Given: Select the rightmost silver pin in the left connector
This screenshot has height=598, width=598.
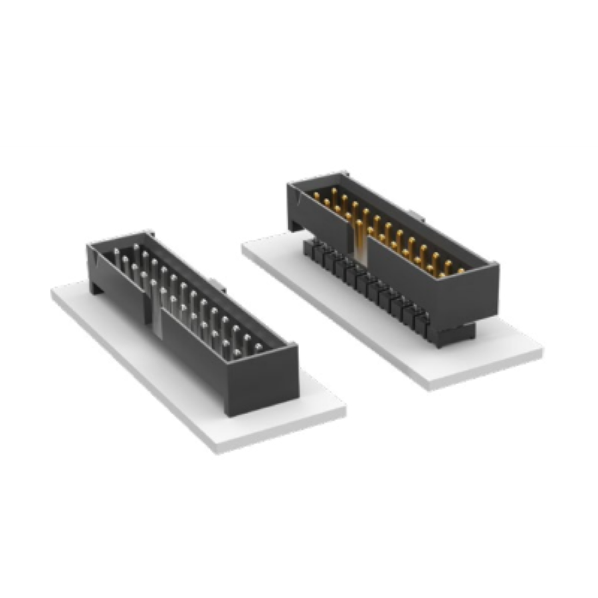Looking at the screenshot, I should pos(258,348).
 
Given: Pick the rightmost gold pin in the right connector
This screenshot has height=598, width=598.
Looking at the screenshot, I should pos(460,271).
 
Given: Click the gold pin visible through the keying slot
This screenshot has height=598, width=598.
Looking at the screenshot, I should pos(359,233).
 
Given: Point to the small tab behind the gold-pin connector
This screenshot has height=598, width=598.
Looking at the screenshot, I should pos(415,215).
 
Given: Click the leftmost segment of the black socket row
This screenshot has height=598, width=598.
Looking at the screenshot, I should pos(308,249).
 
